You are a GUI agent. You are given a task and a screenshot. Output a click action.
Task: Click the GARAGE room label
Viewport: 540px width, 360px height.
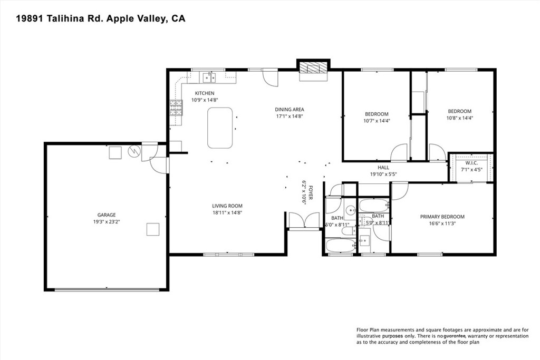(106, 215)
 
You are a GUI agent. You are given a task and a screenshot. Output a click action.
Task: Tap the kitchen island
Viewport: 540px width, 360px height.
(220, 128)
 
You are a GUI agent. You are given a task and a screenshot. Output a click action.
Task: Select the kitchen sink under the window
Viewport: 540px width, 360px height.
(209, 78)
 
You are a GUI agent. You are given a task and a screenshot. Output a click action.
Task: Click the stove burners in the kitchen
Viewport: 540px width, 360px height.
(176, 108)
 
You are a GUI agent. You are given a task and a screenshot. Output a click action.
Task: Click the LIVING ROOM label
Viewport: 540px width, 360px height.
(227, 206)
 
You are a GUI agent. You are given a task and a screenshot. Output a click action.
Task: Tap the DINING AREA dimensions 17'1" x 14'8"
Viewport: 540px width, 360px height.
(290, 116)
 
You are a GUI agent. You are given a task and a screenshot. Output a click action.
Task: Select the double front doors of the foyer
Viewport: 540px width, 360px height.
(304, 220)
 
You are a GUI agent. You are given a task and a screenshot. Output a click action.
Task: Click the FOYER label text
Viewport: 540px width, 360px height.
(310, 193)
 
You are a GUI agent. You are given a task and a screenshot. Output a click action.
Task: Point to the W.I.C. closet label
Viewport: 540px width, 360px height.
(471, 163)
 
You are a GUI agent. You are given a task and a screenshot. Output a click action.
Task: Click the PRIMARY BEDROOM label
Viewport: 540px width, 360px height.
(442, 217)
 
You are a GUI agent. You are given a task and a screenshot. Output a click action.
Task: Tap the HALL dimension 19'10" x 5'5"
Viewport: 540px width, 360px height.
(383, 174)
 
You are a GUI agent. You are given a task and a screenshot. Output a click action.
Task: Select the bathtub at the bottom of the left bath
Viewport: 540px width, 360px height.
(341, 246)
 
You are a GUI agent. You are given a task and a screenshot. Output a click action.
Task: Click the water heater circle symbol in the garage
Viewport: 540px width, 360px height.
(133, 151)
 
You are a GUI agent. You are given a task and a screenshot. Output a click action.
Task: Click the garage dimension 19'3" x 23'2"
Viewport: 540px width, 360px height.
(106, 222)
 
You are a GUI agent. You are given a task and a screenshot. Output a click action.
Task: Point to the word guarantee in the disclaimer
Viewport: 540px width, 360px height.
(455, 336)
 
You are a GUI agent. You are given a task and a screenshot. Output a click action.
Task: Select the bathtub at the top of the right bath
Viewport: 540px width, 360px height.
(374, 206)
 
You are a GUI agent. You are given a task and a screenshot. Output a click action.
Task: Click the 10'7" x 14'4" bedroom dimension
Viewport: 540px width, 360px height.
(377, 121)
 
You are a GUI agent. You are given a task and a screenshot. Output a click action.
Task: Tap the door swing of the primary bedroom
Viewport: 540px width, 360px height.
(400, 191)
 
